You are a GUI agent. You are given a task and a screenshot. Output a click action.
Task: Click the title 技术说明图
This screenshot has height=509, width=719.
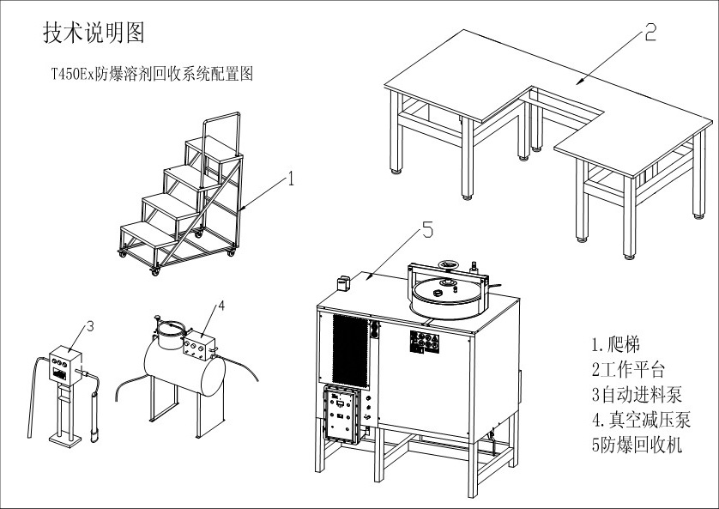[x=94, y=33]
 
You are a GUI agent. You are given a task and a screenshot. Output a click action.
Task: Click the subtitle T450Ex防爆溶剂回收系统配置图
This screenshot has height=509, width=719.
[x=152, y=75]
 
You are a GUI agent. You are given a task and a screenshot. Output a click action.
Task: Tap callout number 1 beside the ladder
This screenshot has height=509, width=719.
[x=291, y=179]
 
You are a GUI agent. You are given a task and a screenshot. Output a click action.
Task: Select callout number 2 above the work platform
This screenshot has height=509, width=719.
[x=650, y=33]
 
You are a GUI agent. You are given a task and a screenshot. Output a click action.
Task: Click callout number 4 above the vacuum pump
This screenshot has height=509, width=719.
[x=221, y=305]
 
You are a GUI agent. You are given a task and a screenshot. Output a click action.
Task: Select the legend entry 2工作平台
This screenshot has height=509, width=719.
[x=628, y=370]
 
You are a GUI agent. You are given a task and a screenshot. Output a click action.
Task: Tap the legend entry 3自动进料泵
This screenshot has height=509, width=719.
[x=635, y=395]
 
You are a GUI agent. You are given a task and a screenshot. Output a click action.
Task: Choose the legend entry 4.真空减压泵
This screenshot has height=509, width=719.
[x=640, y=420]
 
